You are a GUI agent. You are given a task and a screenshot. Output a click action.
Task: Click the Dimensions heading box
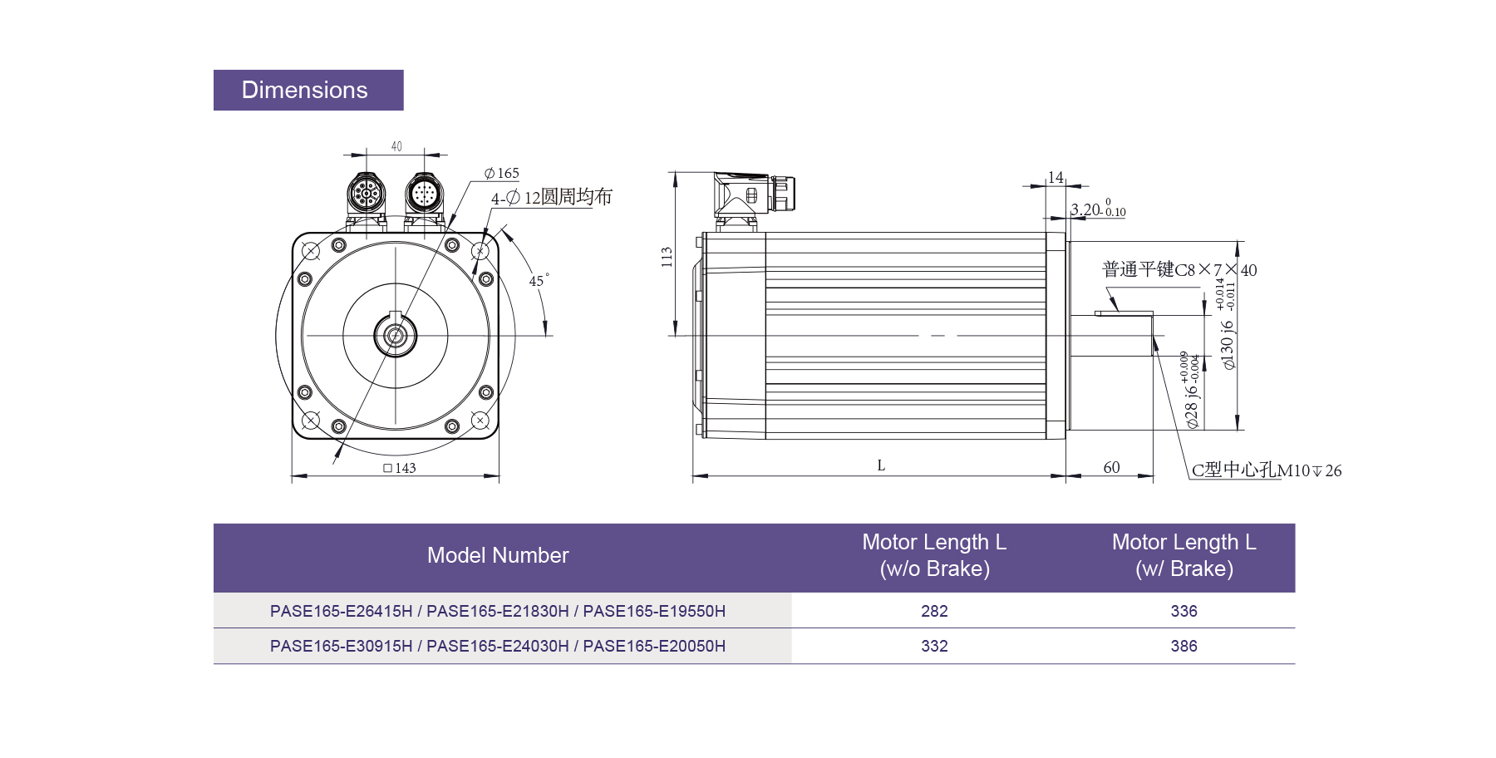[x=308, y=90]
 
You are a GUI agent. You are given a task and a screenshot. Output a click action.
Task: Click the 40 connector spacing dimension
[x=396, y=146]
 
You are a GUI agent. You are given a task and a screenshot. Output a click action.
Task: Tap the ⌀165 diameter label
[x=502, y=173]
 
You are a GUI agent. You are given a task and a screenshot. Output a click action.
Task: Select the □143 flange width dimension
[x=400, y=468]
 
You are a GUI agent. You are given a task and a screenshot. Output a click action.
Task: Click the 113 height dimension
[x=667, y=257]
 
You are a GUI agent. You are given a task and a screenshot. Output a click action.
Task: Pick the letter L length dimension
[x=881, y=465]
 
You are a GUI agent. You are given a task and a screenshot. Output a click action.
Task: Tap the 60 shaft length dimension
[x=1111, y=467]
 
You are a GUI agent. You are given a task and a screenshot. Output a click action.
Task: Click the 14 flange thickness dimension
[x=1056, y=177]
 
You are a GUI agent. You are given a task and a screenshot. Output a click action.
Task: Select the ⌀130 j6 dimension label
[x=1228, y=344]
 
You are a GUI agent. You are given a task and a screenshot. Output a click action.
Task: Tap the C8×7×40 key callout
[x=1179, y=270]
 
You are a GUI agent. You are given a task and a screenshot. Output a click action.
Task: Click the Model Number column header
[x=498, y=556]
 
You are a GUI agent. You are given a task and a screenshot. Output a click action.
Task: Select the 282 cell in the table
[x=934, y=611]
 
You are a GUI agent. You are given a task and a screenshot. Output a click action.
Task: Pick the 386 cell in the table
[x=1184, y=646]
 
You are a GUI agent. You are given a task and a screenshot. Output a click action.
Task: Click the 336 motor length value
[x=1184, y=611]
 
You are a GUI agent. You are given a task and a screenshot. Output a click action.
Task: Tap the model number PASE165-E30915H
[x=341, y=646]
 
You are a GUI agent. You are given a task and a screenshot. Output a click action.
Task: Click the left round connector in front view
[x=366, y=196]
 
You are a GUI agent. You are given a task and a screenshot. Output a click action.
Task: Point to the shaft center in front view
[x=395, y=336]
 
